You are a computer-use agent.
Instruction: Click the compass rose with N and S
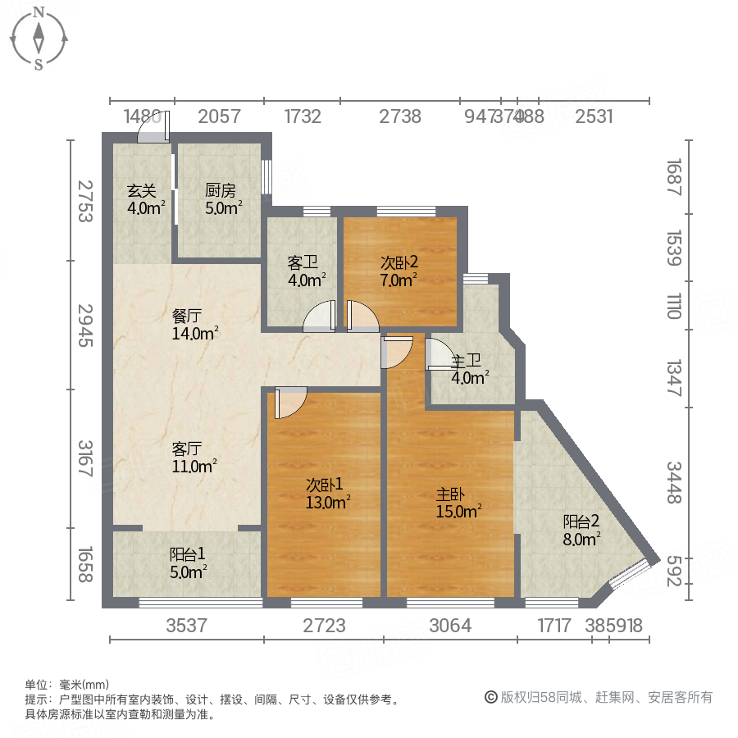pos(39,37)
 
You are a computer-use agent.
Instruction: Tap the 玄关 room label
pos(142,191)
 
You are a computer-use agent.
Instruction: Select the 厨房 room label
pos(221,191)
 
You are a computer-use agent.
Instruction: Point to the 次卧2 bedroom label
pos(399,263)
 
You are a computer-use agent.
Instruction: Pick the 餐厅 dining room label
pos(188,315)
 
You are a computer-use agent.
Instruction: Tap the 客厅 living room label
pos(188,449)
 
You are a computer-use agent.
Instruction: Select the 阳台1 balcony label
pos(187,553)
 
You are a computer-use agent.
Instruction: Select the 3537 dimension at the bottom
pos(187,626)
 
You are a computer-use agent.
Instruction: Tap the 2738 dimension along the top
pos(400,116)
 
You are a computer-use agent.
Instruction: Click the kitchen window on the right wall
pos(266,176)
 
